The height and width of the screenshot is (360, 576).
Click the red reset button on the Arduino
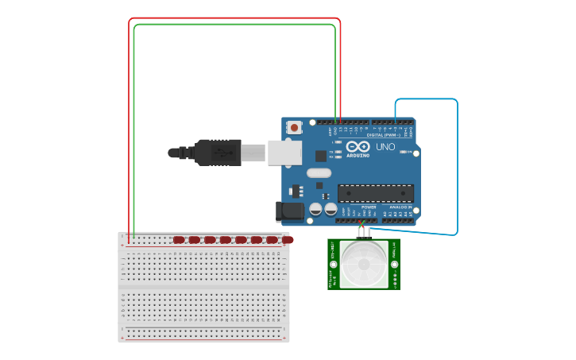(295, 126)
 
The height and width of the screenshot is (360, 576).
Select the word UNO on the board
(385, 147)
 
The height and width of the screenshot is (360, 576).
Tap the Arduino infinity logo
(358, 147)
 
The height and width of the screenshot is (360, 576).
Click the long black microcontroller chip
(376, 193)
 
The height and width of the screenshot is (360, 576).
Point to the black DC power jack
(290, 211)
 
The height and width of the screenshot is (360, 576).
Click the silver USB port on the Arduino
(284, 152)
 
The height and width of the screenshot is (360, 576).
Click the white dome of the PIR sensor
(365, 264)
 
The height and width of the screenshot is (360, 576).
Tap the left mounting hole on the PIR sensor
(334, 264)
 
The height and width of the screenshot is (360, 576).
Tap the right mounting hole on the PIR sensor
(394, 264)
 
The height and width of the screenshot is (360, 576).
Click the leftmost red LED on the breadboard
(179, 239)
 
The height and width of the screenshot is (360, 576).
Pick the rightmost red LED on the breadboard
(288, 239)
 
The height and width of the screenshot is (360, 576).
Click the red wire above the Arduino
(234, 18)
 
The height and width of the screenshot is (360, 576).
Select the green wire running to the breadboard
(234, 25)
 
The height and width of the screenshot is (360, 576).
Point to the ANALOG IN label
(400, 207)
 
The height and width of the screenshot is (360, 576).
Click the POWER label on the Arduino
(369, 207)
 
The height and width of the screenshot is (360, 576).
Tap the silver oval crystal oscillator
(319, 172)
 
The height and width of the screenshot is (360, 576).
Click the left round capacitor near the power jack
(315, 209)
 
